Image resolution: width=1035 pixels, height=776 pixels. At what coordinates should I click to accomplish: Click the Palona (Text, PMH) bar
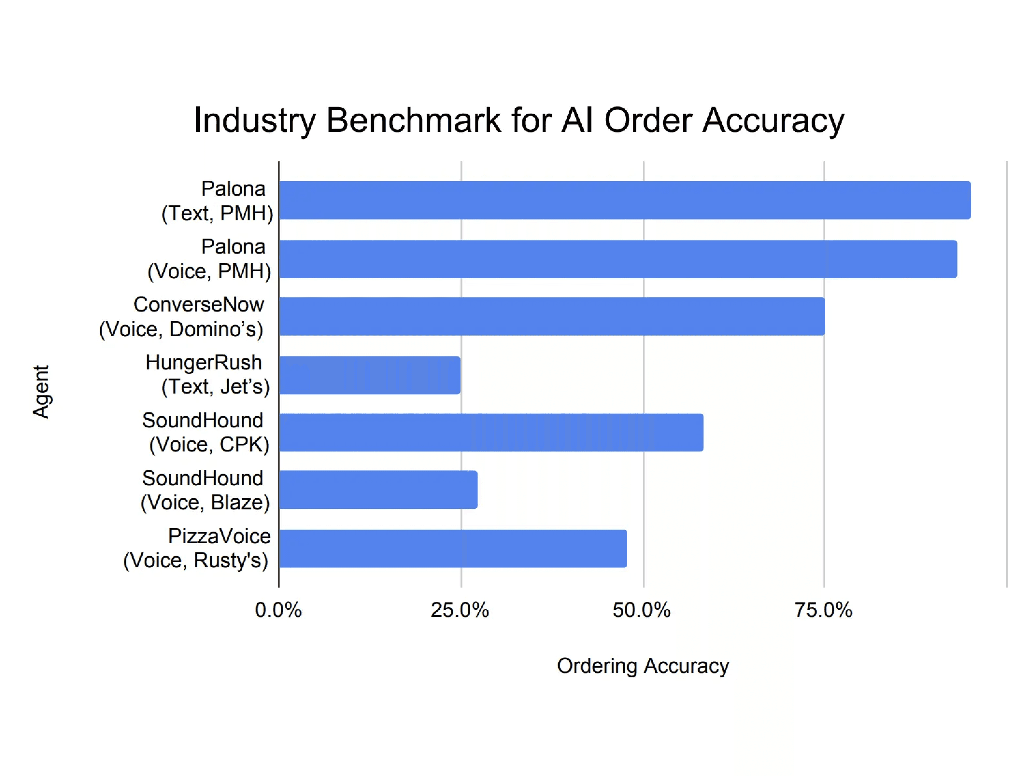(625, 200)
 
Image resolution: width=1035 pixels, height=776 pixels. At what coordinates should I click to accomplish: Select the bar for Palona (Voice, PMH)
(617, 259)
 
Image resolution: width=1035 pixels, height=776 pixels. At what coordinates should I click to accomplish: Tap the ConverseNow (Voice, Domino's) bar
(552, 316)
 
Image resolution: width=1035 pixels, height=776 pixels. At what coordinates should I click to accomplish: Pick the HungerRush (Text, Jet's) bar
(370, 375)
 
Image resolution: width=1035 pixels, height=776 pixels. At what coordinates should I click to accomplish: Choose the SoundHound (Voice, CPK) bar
(491, 433)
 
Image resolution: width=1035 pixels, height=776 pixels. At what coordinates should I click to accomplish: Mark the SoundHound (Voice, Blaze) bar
(378, 490)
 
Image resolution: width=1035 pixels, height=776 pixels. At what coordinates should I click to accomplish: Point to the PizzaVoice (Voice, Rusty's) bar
(453, 549)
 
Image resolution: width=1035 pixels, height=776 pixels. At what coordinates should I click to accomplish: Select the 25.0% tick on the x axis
(460, 610)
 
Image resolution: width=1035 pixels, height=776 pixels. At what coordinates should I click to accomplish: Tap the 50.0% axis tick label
(642, 610)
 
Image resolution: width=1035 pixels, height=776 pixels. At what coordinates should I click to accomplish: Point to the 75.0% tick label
(824, 610)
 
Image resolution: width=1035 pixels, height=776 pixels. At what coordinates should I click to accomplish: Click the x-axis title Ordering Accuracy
(643, 666)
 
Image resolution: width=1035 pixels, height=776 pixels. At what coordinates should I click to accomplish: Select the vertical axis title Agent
(41, 392)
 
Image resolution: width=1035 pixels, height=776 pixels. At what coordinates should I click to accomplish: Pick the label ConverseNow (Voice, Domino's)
(181, 317)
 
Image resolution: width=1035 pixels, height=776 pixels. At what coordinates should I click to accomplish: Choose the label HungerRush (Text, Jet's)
(208, 375)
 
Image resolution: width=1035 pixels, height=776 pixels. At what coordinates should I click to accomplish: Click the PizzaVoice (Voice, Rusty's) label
(196, 548)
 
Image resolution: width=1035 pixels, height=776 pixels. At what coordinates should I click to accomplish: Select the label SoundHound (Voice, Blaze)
(205, 490)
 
